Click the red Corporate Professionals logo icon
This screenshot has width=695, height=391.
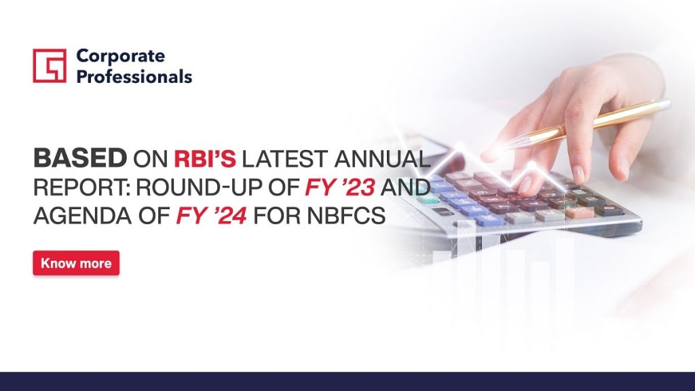click(x=50, y=66)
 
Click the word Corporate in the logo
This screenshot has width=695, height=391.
click(x=121, y=56)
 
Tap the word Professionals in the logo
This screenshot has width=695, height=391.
click(x=134, y=76)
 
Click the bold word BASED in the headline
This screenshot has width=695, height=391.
click(x=80, y=158)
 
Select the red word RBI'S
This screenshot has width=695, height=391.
click(x=205, y=158)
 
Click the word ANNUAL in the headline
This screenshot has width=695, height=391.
click(x=382, y=158)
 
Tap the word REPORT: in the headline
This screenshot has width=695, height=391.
click(x=82, y=187)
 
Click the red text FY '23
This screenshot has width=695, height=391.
click(x=340, y=187)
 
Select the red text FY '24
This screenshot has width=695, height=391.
click(x=212, y=215)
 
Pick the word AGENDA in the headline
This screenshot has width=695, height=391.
click(x=83, y=215)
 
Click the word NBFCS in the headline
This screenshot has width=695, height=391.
click(x=345, y=215)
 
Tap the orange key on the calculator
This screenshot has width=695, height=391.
click(x=580, y=212)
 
